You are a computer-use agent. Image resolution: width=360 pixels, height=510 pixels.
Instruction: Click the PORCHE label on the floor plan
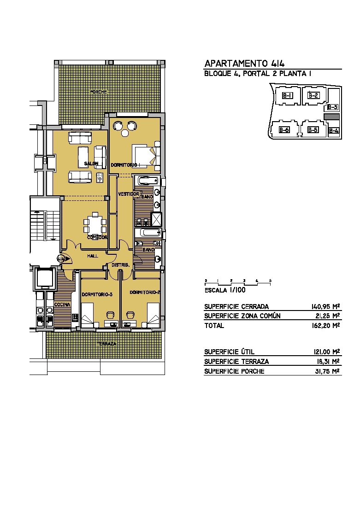click(x=98, y=92)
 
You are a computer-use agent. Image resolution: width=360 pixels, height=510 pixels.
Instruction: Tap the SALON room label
click(x=91, y=164)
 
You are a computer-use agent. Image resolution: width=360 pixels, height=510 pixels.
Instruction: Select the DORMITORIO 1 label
click(x=126, y=165)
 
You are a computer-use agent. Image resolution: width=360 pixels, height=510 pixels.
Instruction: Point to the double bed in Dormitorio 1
click(x=146, y=155)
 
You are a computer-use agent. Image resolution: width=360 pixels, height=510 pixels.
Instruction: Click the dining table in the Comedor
click(x=95, y=223)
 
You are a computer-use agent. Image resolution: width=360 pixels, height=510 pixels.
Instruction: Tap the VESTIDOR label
click(x=129, y=194)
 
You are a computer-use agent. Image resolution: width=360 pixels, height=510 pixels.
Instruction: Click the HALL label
click(x=93, y=256)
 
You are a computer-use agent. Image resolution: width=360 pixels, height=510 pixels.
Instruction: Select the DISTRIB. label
click(x=120, y=265)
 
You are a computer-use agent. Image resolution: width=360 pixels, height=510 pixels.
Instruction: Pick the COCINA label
click(x=62, y=305)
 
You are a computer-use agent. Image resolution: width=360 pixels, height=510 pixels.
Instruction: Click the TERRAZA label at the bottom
click(x=106, y=344)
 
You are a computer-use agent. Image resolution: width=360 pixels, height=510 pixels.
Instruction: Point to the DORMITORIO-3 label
click(x=97, y=294)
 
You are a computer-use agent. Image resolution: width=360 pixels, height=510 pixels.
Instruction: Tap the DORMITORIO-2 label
click(x=145, y=292)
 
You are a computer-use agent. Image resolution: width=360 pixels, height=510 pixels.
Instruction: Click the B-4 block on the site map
click(x=333, y=131)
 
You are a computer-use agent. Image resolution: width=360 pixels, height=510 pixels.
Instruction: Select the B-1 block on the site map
click(x=288, y=96)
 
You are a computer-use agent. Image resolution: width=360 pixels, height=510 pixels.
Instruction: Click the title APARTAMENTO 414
click(x=244, y=63)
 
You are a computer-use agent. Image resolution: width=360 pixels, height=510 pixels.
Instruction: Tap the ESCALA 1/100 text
click(x=225, y=290)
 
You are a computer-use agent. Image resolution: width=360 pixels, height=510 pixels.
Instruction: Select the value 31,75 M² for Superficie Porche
click(x=327, y=371)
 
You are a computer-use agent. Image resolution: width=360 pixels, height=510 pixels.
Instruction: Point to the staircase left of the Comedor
click(x=45, y=225)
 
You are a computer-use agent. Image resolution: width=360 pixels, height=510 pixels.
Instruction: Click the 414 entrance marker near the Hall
click(x=62, y=259)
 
